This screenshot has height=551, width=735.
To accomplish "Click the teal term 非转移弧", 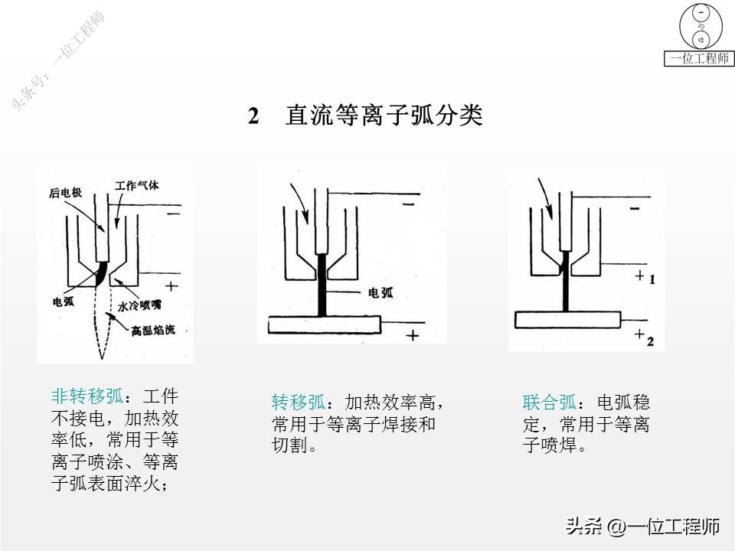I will coord(87,396).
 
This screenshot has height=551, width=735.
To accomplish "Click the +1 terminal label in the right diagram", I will coord(644,278).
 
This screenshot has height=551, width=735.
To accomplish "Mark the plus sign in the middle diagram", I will coord(413,335).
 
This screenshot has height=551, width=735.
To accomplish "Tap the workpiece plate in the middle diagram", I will coord(325,325).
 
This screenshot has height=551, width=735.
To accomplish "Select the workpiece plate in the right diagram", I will coord(567,319).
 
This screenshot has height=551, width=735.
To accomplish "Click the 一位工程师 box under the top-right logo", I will coord(698,59).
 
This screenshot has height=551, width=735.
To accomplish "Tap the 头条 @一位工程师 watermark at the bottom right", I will coord(642,527).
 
